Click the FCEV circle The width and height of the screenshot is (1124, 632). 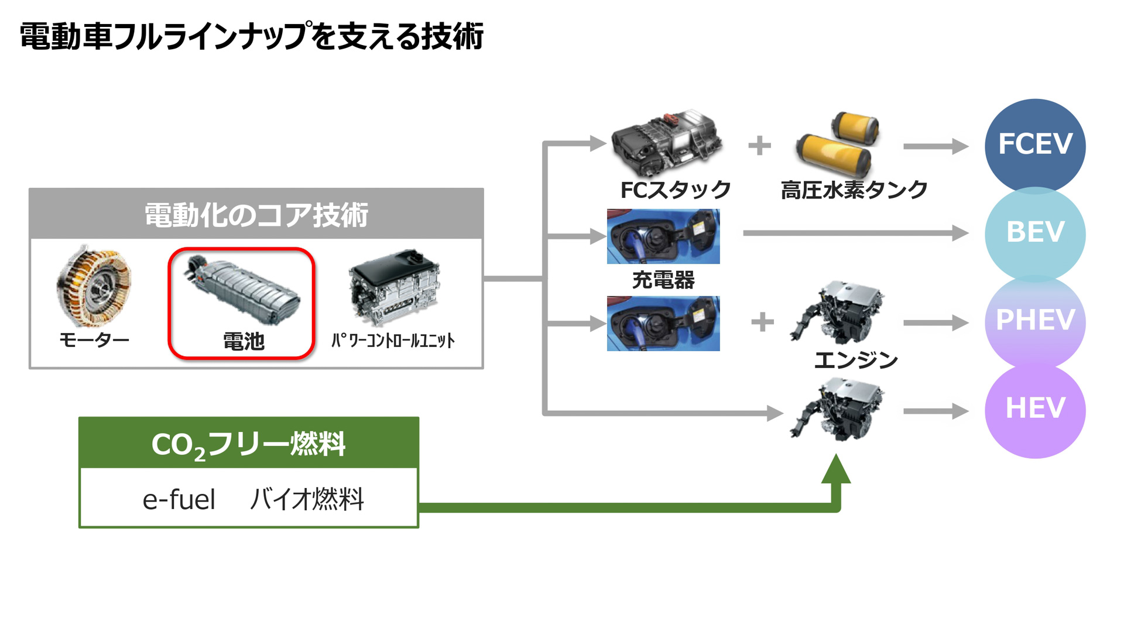[x=1034, y=144]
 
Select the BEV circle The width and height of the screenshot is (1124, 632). [x=1034, y=232]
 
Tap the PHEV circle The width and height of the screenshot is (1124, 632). [x=1034, y=320]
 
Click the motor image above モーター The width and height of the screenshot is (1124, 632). [x=94, y=286]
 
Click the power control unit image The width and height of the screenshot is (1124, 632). [x=394, y=287]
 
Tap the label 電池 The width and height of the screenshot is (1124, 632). [x=244, y=341]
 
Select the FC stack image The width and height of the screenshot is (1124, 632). [x=666, y=142]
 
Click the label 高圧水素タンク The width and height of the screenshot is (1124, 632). [x=854, y=190]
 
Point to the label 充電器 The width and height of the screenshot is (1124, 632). [x=663, y=280]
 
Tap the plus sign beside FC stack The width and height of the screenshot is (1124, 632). [x=759, y=145]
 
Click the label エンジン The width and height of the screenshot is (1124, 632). [x=856, y=360]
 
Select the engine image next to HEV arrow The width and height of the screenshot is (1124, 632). [x=837, y=410]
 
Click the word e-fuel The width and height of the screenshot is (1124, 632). [x=179, y=500]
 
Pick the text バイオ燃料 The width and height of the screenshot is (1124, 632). [x=307, y=500]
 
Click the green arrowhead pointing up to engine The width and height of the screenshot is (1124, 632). [x=836, y=470]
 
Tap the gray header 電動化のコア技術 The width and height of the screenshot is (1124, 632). [x=256, y=214]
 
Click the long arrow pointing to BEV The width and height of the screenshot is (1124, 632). [x=855, y=233]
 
